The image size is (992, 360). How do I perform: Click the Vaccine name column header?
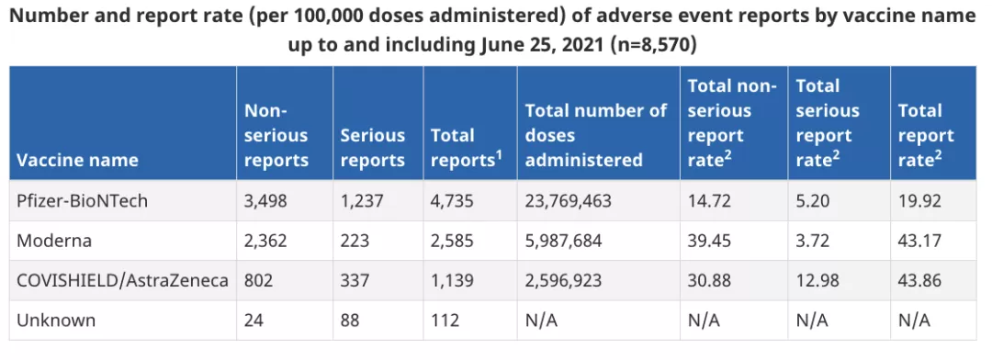coord(77,160)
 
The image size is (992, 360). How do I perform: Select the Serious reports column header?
coord(373,148)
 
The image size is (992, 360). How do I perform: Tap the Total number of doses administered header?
coord(596,135)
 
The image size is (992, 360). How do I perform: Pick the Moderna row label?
coord(54,241)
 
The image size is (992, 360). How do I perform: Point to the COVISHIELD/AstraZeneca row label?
coord(123,280)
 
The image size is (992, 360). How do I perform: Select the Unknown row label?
coord(56,321)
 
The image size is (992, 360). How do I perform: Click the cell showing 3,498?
coord(265,201)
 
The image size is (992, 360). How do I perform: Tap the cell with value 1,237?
coord(362,201)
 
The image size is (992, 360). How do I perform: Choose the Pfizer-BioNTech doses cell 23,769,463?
coord(569,201)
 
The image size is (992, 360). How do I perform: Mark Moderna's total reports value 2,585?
coord(452,241)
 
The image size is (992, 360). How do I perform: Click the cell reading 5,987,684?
coord(564,241)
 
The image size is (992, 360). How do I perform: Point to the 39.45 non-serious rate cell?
coord(709,241)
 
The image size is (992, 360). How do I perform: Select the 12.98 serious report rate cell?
coord(817,280)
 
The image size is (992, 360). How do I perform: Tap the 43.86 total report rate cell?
coord(919,280)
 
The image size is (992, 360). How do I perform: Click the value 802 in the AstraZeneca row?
coord(259,280)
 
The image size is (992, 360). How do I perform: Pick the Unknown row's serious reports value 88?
coord(350,321)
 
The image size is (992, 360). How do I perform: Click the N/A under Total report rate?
coord(914,321)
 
